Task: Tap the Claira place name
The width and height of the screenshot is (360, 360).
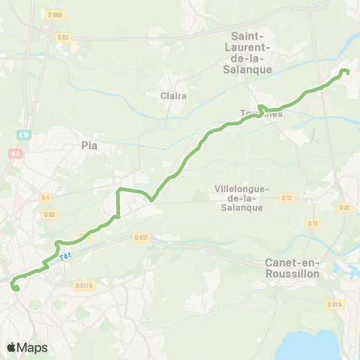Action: coord(173,96)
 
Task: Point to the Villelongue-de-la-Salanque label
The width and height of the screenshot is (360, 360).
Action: coord(238,198)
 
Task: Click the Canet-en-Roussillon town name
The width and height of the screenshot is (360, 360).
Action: coord(293,268)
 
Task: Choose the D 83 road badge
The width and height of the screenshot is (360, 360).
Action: coord(63,37)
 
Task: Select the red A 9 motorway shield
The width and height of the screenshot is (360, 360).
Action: coord(15,153)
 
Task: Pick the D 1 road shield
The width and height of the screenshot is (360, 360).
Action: coord(46,198)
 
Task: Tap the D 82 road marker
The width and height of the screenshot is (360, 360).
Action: coord(49,214)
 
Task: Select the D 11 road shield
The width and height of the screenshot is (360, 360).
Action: coord(313,223)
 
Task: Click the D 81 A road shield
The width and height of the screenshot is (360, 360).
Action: coord(334,304)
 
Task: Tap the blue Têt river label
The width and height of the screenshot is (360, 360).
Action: coord(67,256)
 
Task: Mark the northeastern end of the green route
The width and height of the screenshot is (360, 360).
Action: coord(345,71)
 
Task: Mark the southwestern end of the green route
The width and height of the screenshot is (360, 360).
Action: coord(15,286)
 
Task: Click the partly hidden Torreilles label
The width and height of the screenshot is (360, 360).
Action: coord(262,114)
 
